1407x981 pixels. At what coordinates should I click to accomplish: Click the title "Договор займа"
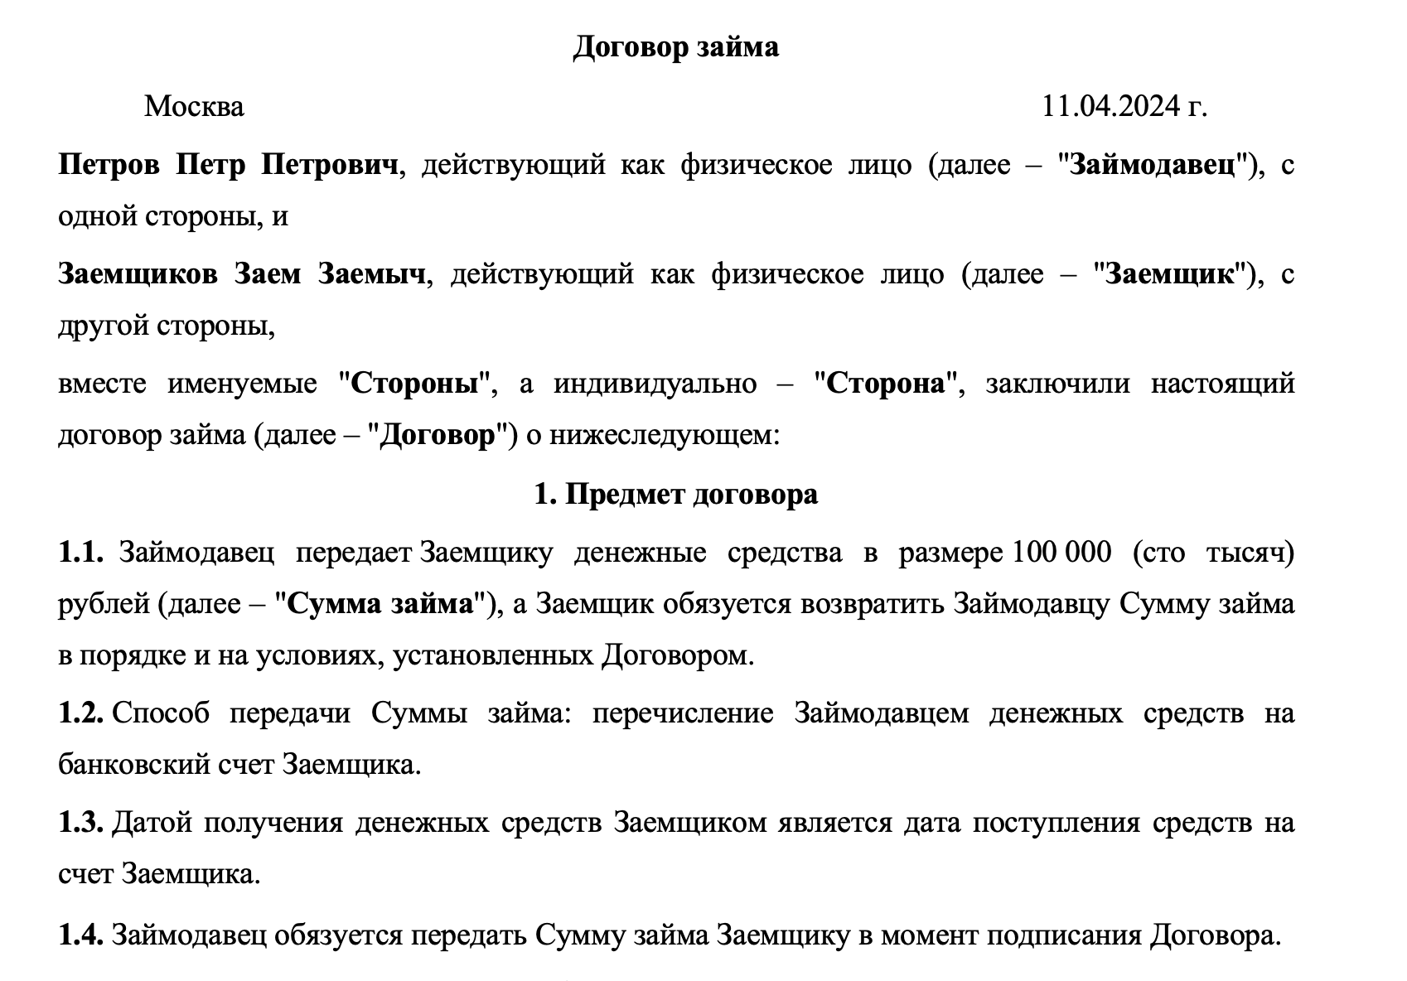[x=675, y=47]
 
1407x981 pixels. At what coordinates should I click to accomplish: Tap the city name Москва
[x=194, y=107]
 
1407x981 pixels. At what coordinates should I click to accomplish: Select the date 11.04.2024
[x=1110, y=107]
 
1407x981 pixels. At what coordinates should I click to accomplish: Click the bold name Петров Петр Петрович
[x=229, y=165]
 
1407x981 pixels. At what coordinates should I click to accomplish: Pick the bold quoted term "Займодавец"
[x=1154, y=165]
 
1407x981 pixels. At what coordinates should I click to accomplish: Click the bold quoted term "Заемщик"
[x=1170, y=274]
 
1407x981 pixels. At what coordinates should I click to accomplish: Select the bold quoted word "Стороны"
[x=416, y=384]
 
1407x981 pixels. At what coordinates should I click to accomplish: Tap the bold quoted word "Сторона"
[x=886, y=384]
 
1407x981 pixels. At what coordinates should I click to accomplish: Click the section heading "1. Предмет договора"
[x=675, y=494]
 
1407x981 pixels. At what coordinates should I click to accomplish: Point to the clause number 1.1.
[x=80, y=553]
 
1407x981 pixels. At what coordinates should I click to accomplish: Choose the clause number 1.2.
[x=80, y=713]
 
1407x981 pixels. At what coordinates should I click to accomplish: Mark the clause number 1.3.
[x=80, y=823]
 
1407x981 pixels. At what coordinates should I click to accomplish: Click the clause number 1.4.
[x=80, y=935]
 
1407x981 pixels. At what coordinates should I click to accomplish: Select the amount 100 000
[x=1059, y=553]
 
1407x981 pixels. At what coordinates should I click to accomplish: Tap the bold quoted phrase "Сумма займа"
[x=380, y=604]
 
